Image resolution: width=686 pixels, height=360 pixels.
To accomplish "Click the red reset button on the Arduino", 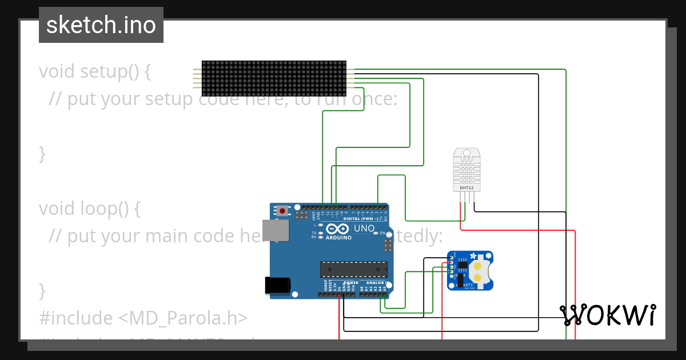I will point(282,211).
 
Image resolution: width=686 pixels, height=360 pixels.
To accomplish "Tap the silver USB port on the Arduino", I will point(275,230).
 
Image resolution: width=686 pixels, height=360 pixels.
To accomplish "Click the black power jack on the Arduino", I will point(278,285).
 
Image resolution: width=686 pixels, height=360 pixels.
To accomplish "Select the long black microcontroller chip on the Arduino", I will point(354,269).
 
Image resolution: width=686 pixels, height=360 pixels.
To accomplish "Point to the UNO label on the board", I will point(364,229).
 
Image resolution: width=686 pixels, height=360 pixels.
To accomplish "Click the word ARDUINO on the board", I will point(337,237).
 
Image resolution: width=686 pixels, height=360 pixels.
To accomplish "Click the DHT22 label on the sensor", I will point(466,187).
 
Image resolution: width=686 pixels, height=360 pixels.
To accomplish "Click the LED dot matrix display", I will point(274,78).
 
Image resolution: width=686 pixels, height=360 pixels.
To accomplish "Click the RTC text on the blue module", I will point(469,285).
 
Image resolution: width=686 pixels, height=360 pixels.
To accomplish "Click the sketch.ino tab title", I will point(101,25).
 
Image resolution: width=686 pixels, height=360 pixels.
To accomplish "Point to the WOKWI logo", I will point(608,315).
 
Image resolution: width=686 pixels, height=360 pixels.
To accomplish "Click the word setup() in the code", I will point(108,71).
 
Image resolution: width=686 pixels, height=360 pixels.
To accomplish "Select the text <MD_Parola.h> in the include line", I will point(184,318).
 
